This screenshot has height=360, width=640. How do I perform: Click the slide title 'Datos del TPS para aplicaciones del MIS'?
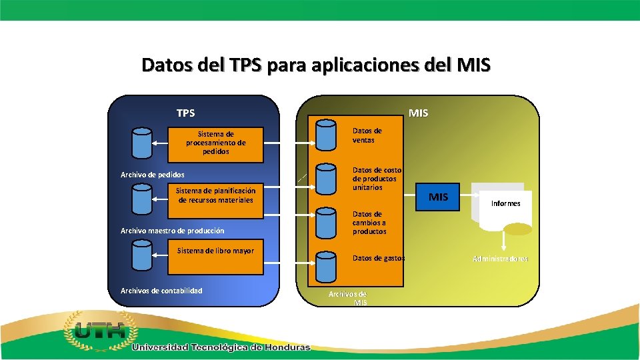(316, 65)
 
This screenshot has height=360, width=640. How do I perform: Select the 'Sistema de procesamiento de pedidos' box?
(215, 143)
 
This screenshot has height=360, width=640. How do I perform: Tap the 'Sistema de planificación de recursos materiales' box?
(215, 195)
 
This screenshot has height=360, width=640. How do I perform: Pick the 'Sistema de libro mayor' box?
(215, 256)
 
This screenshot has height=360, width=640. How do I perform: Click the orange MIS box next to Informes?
(438, 197)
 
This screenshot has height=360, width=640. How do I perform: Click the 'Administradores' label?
(501, 258)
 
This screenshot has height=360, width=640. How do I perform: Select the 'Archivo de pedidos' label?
(152, 175)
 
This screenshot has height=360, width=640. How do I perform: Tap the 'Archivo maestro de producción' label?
(172, 231)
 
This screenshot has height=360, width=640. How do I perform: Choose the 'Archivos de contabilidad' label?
(161, 290)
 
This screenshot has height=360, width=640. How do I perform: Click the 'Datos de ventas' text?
(367, 135)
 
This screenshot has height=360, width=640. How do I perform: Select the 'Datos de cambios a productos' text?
(369, 223)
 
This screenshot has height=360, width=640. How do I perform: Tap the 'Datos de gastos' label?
(378, 258)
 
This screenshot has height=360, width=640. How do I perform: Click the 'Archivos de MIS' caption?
(347, 298)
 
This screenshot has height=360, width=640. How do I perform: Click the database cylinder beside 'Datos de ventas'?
(326, 135)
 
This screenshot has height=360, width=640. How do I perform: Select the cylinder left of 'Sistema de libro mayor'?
(142, 255)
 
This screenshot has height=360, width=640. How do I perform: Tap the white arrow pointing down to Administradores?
(504, 239)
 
